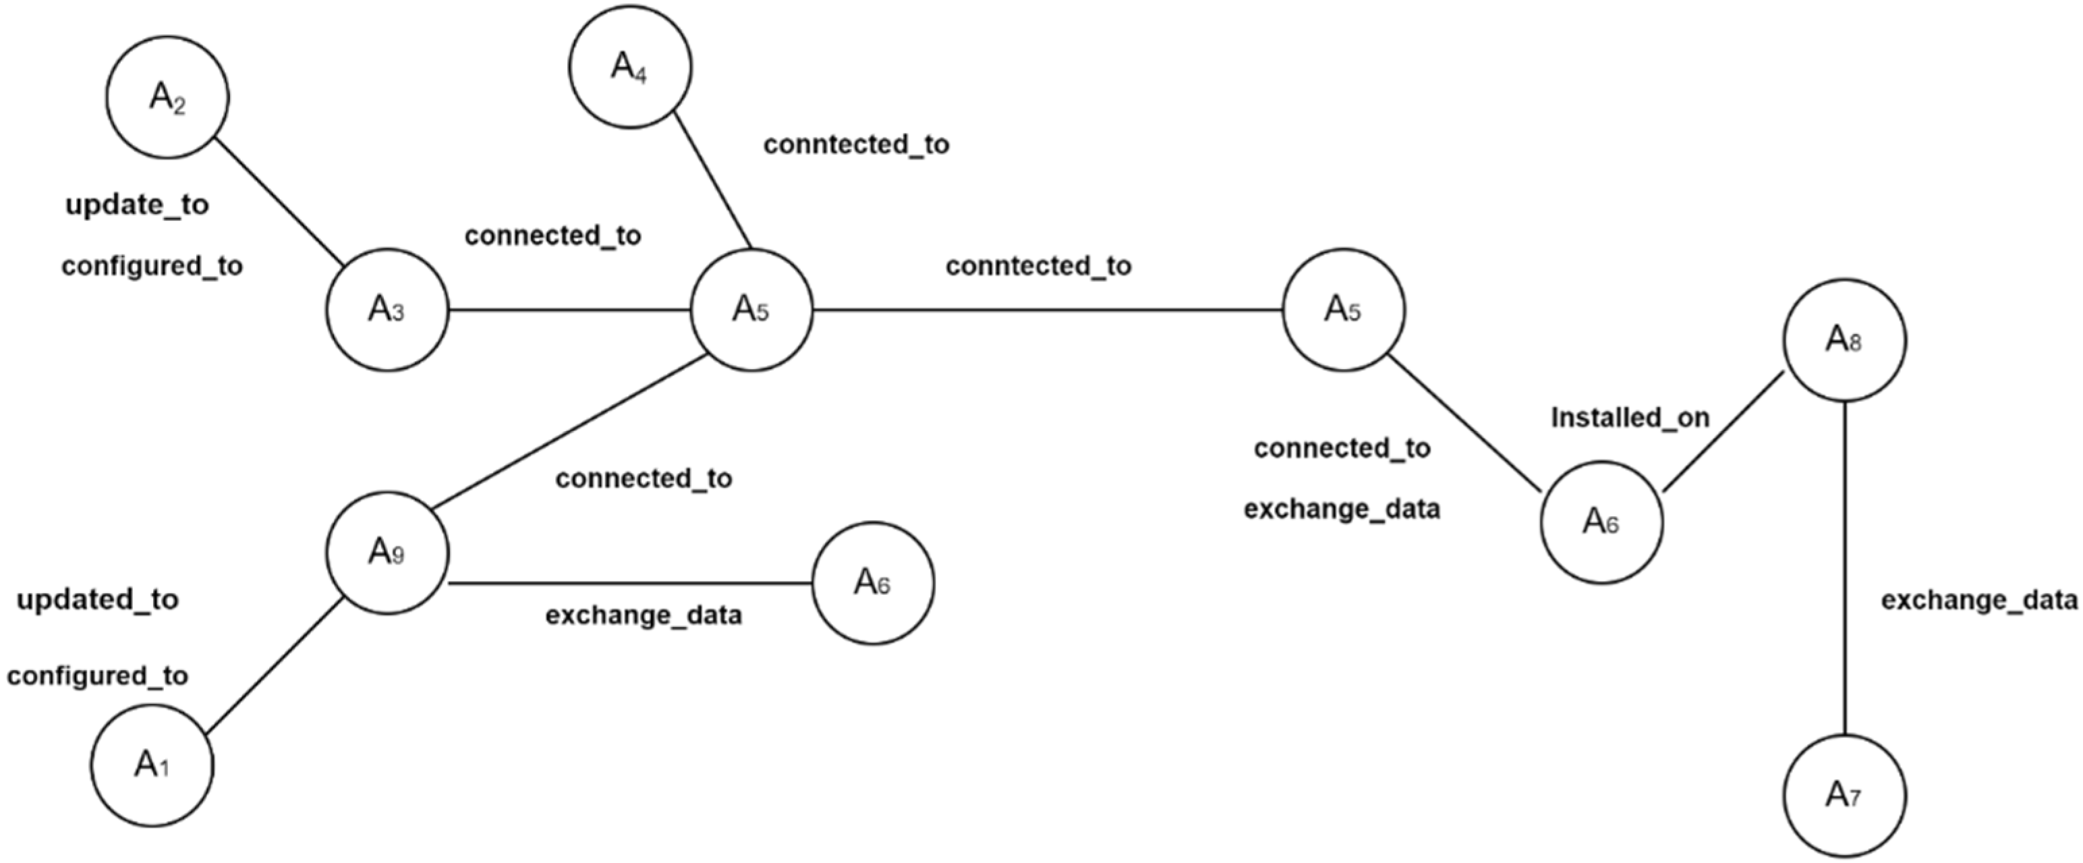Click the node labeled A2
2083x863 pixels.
pyautogui.click(x=167, y=97)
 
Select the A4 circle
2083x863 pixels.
pyautogui.click(x=630, y=66)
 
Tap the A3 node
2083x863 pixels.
pyautogui.click(x=387, y=310)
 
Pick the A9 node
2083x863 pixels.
pyautogui.click(x=387, y=553)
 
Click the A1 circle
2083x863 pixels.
pyautogui.click(x=152, y=764)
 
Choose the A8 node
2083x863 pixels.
pyautogui.click(x=1844, y=341)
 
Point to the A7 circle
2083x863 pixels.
pyautogui.click(x=1844, y=796)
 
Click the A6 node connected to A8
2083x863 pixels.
pyautogui.click(x=1602, y=522)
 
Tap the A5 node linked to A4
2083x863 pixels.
pyautogui.click(x=751, y=310)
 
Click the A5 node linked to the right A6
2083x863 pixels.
pyautogui.click(x=1344, y=310)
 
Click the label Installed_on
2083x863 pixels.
pyautogui.click(x=1630, y=418)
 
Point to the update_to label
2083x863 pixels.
pyautogui.click(x=138, y=205)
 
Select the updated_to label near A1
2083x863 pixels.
pyautogui.click(x=98, y=600)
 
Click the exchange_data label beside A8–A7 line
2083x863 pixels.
pyautogui.click(x=1978, y=600)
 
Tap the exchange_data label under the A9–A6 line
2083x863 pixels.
pyautogui.click(x=644, y=615)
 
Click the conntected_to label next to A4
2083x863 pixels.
pyautogui.click(x=856, y=145)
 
